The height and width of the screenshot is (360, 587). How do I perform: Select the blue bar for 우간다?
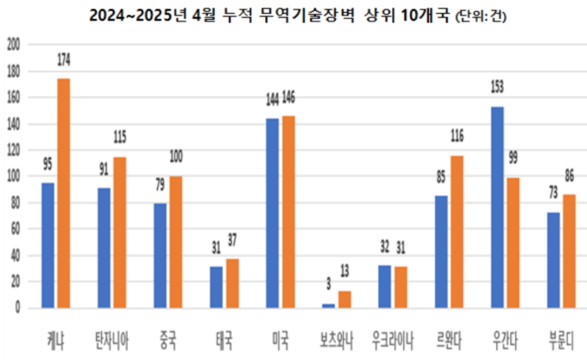tap(498, 207)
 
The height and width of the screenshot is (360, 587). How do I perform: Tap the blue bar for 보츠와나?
tap(328, 306)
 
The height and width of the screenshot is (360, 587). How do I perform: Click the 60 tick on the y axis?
tap(14, 229)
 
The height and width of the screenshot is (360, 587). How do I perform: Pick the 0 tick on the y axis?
tap(16, 308)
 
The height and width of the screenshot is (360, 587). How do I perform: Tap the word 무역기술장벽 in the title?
tap(330, 16)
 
